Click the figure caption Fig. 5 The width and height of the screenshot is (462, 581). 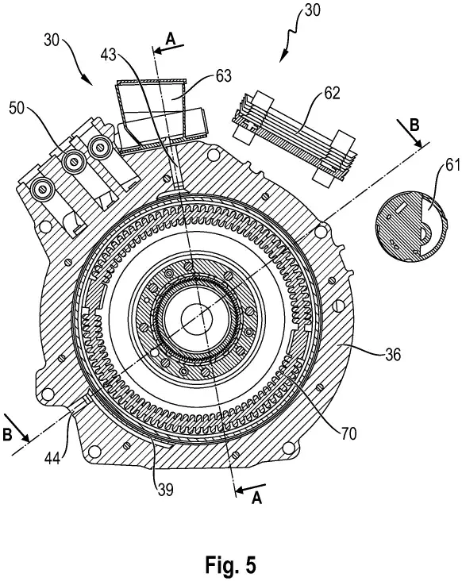[x=230, y=564]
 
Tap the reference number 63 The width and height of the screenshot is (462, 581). [x=223, y=76]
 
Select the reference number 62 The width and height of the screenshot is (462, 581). [x=332, y=93]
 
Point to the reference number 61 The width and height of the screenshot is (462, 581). [x=452, y=164]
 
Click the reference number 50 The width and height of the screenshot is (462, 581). [x=17, y=108]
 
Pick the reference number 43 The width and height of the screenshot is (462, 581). [x=108, y=55]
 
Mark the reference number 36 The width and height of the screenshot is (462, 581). [x=393, y=355]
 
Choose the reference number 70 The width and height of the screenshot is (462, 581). [x=348, y=433]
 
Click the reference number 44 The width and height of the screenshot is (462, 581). [x=53, y=459]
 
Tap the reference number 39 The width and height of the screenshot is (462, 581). [x=165, y=490]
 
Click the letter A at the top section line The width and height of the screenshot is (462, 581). [x=171, y=39]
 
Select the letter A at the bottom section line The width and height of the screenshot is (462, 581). [x=256, y=498]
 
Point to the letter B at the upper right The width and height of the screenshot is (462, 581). [x=414, y=125]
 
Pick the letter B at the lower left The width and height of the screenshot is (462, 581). [x=7, y=435]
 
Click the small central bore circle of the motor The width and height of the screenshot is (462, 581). [x=196, y=318]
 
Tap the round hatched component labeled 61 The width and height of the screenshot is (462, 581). [x=411, y=226]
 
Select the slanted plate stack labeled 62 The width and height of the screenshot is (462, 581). [x=294, y=137]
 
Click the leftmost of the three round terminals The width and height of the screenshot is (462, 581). [x=43, y=190]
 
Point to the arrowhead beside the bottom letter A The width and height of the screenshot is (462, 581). [x=240, y=490]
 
